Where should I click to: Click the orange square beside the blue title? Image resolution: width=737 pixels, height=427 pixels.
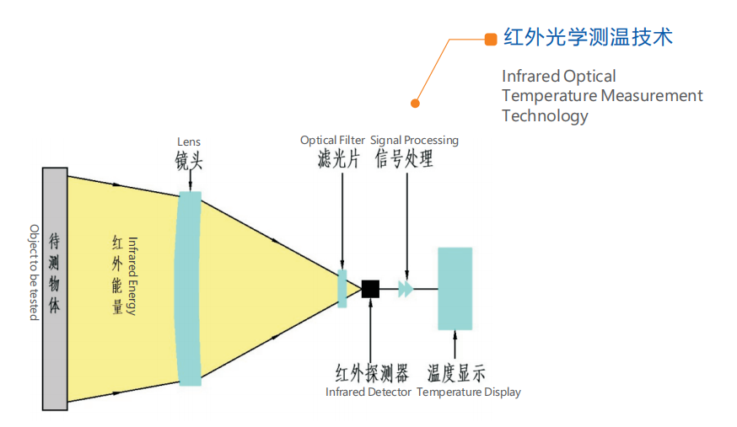pos(491,39)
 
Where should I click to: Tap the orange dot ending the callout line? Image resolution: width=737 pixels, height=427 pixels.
pos(415,104)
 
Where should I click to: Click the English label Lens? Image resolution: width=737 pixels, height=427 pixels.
pos(189,141)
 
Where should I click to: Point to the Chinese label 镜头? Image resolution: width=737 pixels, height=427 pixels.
pos(189,160)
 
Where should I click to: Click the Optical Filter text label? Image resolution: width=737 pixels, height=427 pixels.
pos(332,140)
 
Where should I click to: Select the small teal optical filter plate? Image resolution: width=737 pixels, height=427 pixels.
pos(342,288)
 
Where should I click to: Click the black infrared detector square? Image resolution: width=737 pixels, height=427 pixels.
pos(369,288)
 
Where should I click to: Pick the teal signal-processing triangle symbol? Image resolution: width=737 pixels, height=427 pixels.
pos(406,289)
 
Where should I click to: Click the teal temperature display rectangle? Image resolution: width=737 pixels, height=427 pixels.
pos(455,288)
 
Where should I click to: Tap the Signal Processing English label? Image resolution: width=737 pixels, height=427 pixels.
pos(414,140)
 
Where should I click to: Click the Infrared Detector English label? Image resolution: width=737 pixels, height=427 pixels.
pos(368,392)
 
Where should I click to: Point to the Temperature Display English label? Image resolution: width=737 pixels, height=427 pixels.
pos(469,392)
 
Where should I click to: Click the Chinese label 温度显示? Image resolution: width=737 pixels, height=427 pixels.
pos(456,373)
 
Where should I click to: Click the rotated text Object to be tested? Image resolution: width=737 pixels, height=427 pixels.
pos(34,272)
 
